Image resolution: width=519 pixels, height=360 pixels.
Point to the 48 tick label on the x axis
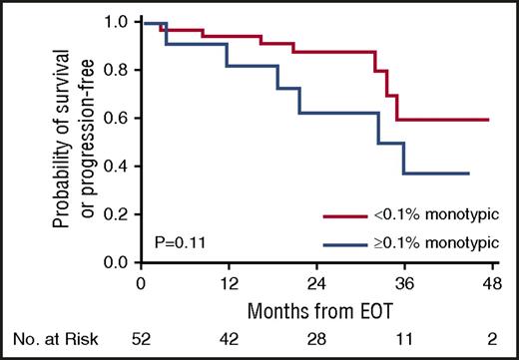click(x=489, y=281)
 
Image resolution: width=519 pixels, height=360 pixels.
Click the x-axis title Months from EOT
click(x=315, y=308)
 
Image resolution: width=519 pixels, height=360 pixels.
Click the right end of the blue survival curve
click(x=469, y=174)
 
